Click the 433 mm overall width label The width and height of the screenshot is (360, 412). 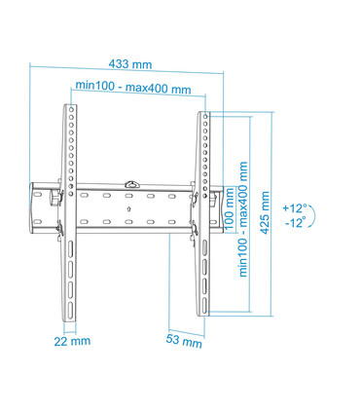click(129, 64)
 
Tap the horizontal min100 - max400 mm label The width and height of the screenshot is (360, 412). click(137, 89)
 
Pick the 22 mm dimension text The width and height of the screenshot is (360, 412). click(72, 341)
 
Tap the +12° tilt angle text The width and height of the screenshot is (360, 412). click(294, 207)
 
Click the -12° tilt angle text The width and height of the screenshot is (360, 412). click(294, 223)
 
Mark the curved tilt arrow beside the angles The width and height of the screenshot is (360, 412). click(312, 215)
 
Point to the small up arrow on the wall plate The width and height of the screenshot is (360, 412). click(130, 207)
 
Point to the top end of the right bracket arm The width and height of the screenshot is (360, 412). click(205, 115)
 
